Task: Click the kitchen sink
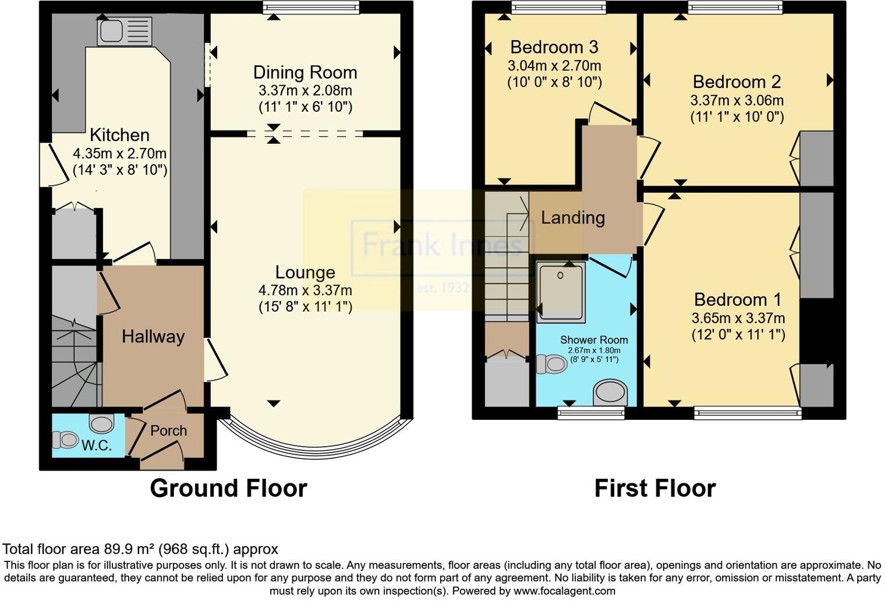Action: (x=125, y=31)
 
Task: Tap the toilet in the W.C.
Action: (x=65, y=440)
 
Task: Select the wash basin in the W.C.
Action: (x=101, y=423)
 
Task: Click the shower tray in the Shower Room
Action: (x=561, y=292)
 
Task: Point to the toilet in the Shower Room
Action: (x=551, y=363)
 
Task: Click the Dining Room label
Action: (x=305, y=73)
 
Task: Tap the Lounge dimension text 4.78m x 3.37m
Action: (x=305, y=291)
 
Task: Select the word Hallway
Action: (x=153, y=337)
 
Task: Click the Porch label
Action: (x=169, y=431)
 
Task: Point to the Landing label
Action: (x=572, y=218)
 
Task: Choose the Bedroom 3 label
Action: (x=554, y=47)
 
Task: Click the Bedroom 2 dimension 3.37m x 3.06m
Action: (x=737, y=100)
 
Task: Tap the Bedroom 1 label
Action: (x=738, y=299)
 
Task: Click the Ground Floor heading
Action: (x=228, y=488)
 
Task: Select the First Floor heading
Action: (x=655, y=488)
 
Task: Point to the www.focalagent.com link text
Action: (x=564, y=591)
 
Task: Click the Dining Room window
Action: (x=311, y=8)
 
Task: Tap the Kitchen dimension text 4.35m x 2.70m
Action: (x=120, y=153)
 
